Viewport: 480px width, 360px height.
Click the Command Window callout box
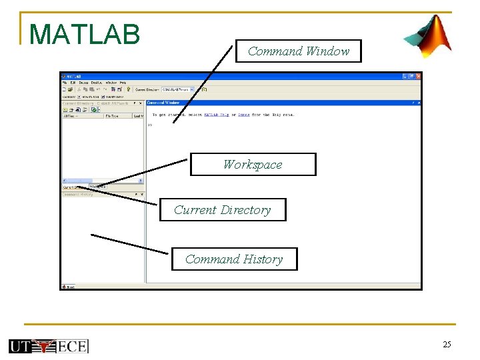pos(298,51)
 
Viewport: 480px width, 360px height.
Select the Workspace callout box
pos(253,165)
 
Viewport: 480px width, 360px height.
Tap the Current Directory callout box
pos(223,210)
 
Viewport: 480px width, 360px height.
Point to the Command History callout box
pos(234,259)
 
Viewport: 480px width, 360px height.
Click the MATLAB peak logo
pos(428,36)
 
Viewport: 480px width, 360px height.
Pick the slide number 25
pos(447,344)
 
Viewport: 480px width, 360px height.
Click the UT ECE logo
pos(49,345)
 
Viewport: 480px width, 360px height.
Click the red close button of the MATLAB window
pos(417,77)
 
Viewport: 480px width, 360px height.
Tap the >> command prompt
pos(150,125)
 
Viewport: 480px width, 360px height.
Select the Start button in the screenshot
pos(68,287)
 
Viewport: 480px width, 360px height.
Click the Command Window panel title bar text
pos(163,103)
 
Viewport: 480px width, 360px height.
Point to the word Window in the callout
pos(327,51)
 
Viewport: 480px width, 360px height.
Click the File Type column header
pos(112,116)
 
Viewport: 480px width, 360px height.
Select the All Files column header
pos(71,116)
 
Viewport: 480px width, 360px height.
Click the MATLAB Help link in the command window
pos(215,115)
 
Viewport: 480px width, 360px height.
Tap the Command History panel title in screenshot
pos(78,195)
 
